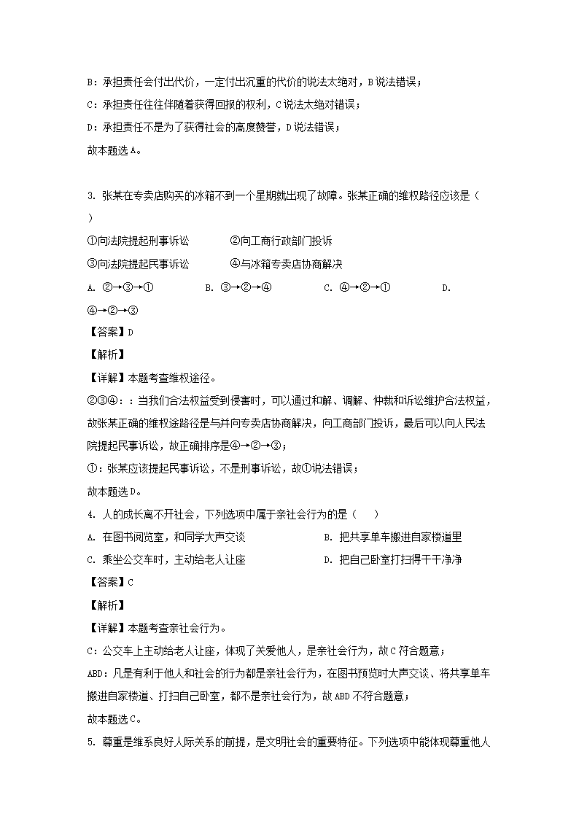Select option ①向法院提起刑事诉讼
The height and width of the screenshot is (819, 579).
[x=137, y=241]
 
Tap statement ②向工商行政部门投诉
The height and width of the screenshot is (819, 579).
[x=281, y=241]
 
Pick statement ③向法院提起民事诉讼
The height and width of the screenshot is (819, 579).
[x=137, y=263]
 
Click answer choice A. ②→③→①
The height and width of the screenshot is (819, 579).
[x=120, y=287]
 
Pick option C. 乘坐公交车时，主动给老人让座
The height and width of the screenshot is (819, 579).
[x=165, y=559]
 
